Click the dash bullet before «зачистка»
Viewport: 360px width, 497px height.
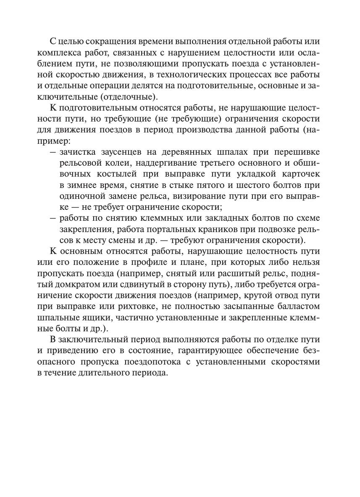(x=53, y=151)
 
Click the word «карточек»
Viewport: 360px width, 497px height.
(x=298, y=174)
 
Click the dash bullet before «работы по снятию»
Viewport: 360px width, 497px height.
(x=53, y=218)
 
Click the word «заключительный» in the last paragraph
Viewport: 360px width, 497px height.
(x=91, y=339)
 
